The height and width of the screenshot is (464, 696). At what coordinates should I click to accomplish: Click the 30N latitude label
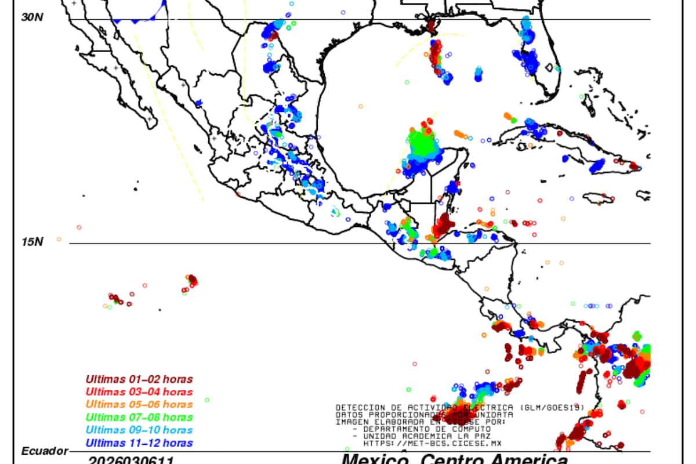[x=32, y=17]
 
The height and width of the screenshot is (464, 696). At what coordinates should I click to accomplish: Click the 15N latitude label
[x=32, y=241]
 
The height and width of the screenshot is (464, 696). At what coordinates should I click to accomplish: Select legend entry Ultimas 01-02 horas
[x=139, y=379]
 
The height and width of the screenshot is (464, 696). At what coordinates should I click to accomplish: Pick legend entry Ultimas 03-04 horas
[x=139, y=392]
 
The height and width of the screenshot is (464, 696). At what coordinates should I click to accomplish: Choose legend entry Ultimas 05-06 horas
[x=139, y=404]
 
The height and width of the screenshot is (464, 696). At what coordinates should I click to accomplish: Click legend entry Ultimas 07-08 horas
[x=139, y=417]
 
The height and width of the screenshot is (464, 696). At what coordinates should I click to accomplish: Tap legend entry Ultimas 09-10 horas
[x=139, y=430]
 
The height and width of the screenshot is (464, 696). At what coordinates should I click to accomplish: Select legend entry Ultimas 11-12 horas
[x=139, y=443]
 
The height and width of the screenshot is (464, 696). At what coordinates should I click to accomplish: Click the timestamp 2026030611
[x=131, y=460]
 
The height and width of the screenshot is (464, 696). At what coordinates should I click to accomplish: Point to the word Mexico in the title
[x=371, y=460]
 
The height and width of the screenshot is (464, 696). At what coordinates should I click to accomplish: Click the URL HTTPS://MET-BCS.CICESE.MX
[x=433, y=443]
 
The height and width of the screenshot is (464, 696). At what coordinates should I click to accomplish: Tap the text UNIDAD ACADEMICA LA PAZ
[x=426, y=436]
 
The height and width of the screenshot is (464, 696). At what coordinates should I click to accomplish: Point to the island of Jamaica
[x=598, y=198]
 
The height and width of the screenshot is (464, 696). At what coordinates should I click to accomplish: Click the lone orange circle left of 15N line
[x=59, y=239]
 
